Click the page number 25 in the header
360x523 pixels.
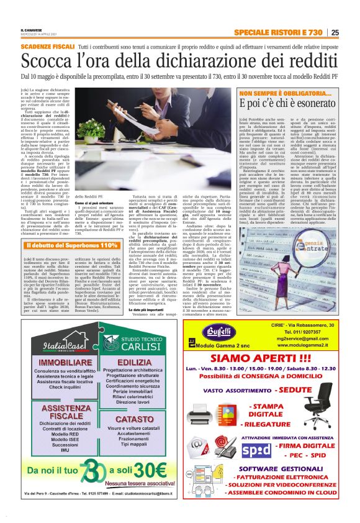point(335,32)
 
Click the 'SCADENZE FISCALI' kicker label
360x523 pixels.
point(47,47)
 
